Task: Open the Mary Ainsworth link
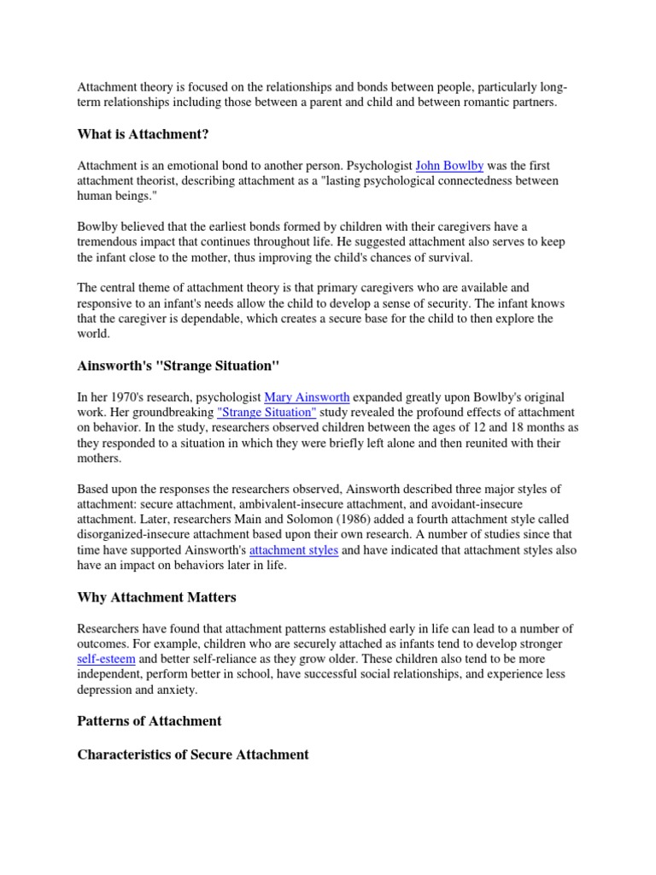307,397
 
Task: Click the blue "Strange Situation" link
266,413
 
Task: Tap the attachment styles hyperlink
294,550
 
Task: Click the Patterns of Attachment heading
149,720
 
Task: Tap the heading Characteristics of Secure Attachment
193,755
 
